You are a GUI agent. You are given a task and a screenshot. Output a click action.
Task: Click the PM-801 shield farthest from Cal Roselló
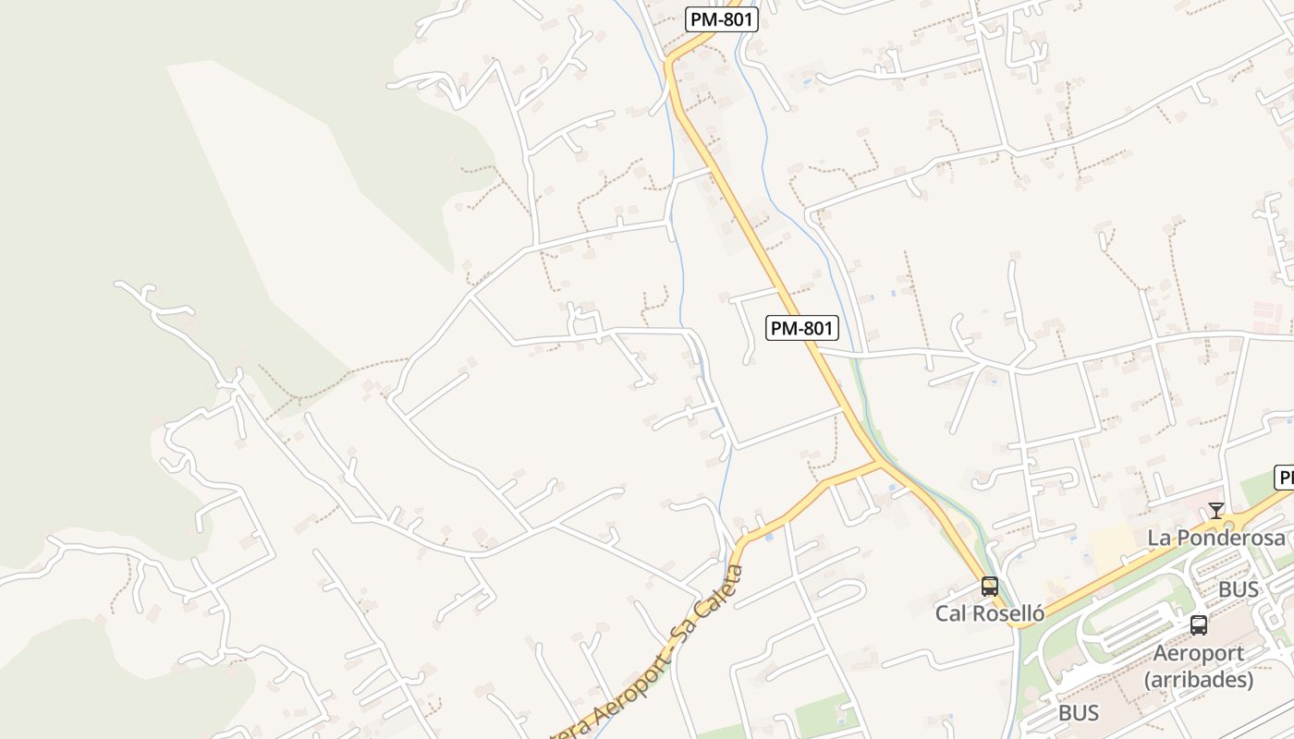722,19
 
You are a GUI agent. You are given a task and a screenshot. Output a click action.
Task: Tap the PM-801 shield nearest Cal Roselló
802,327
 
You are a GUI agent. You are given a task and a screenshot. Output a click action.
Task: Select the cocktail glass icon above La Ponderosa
1216,510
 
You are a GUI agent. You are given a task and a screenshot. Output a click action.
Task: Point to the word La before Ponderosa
1159,538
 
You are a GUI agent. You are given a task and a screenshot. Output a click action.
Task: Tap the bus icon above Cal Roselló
990,587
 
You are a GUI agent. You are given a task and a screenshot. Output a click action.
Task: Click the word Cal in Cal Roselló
951,613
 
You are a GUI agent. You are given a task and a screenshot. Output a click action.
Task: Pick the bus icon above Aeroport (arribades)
1199,625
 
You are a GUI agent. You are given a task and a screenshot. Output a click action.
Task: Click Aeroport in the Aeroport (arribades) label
1199,654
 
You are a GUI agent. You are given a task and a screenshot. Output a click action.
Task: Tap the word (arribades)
1199,680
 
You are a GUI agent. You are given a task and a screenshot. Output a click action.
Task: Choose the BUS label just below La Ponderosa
1239,589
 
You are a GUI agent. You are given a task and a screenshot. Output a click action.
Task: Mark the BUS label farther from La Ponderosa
1079,713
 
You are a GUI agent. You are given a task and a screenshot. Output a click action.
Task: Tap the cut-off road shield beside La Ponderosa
1285,478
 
